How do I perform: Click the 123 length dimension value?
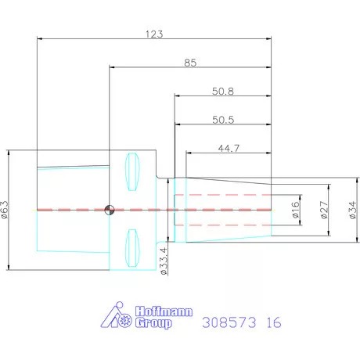coord(154,34)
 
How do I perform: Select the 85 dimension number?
coord(190,63)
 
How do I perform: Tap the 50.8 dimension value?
coord(223,92)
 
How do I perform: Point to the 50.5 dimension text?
coord(223,120)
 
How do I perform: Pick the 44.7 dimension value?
coord(229,149)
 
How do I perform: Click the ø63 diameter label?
coord(5,210)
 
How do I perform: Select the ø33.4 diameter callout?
coord(164,261)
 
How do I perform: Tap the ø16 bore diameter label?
coord(296,210)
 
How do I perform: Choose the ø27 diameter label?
coord(324,210)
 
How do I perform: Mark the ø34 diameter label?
coord(352,210)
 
